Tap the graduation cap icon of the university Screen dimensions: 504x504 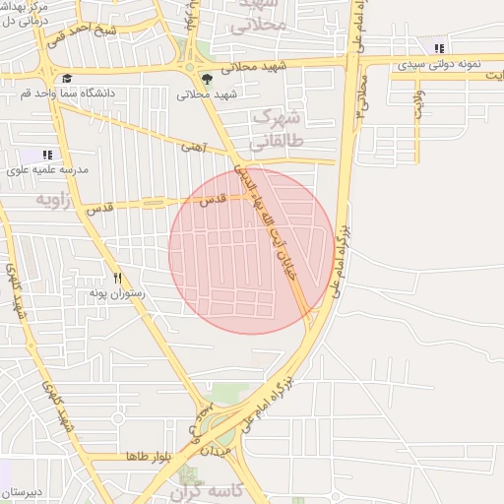[x=67, y=79]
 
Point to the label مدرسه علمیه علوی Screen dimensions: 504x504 [x=48, y=169]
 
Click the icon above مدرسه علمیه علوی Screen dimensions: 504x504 [x=48, y=155]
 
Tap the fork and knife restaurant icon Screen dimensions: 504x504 [x=120, y=279]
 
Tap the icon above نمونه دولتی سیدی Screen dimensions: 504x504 [x=438, y=46]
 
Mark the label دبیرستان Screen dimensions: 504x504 [x=20, y=491]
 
